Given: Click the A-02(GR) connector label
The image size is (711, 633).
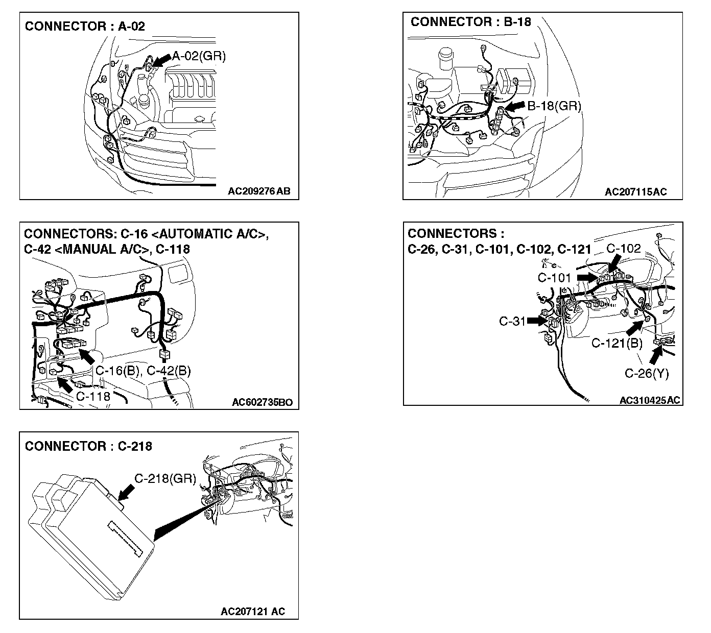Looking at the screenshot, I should pyautogui.click(x=199, y=56).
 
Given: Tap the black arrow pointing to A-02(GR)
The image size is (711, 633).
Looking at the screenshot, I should pyautogui.click(x=162, y=60).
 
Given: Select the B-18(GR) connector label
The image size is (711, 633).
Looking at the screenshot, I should pyautogui.click(x=554, y=106).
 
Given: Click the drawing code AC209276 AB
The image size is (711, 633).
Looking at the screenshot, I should pyautogui.click(x=259, y=191).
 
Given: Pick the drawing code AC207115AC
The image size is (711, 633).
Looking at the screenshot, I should pyautogui.click(x=636, y=191).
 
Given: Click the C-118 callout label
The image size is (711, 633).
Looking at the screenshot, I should pyautogui.click(x=93, y=395).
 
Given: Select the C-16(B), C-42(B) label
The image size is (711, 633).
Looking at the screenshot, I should pyautogui.click(x=143, y=370).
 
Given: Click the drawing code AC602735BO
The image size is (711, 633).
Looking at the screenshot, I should pyautogui.click(x=262, y=402).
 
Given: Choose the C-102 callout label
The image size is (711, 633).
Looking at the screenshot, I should pyautogui.click(x=623, y=249).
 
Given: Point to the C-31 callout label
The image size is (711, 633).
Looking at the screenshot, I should pyautogui.click(x=512, y=321).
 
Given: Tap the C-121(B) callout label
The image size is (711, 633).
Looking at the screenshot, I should pyautogui.click(x=617, y=343).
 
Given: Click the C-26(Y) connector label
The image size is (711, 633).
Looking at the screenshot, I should pyautogui.click(x=647, y=373).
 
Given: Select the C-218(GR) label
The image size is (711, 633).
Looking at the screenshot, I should pyautogui.click(x=165, y=478).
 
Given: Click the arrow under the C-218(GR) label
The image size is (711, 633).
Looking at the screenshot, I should pyautogui.click(x=126, y=492).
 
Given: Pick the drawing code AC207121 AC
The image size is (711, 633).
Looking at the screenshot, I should pyautogui.click(x=253, y=611).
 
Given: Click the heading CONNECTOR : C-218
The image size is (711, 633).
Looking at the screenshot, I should pyautogui.click(x=88, y=446).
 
